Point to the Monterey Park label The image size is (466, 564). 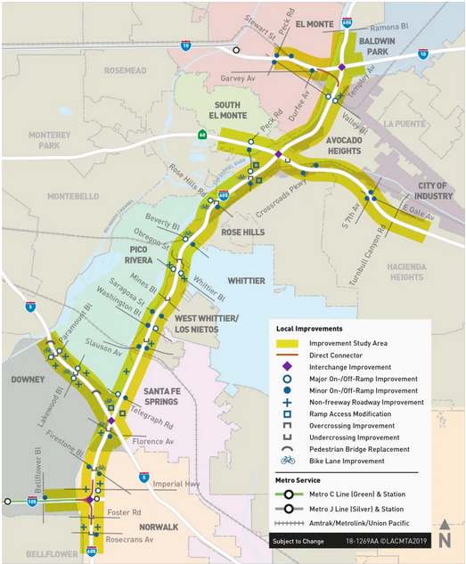[x=42, y=140]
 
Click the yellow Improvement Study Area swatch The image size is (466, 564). [x=287, y=343]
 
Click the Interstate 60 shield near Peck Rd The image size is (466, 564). [x=202, y=135]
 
